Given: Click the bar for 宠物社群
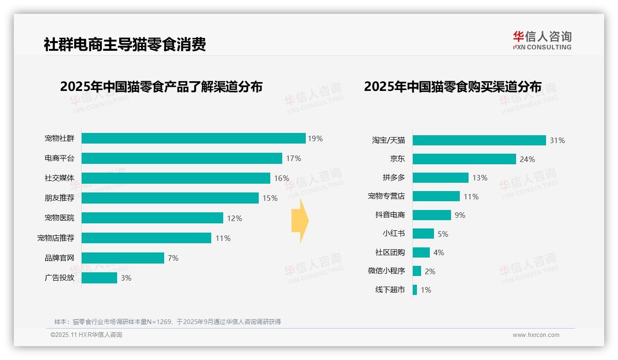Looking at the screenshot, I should tap(194, 138).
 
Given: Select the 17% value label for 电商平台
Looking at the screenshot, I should tap(293, 158).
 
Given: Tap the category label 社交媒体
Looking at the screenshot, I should tap(59, 178).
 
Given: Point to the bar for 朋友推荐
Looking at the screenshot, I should tap(170, 198).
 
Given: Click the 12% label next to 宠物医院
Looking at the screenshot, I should tap(234, 218).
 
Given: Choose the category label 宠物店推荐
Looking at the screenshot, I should tap(56, 238).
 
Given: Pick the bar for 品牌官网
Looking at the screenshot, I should tap(123, 258).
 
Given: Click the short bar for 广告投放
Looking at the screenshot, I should tap(99, 278).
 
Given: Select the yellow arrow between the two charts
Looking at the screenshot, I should tap(300, 221).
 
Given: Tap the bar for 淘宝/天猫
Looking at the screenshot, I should tap(479, 140).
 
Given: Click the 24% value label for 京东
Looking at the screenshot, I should tap(527, 159).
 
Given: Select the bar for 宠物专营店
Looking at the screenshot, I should tap(436, 196).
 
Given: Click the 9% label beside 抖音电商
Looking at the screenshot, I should tap(460, 215).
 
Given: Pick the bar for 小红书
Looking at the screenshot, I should tap(423, 234).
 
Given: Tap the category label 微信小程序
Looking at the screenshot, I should tap(386, 271).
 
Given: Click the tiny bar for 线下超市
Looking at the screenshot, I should tap(415, 290).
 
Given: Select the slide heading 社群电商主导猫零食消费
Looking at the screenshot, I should tap(125, 44).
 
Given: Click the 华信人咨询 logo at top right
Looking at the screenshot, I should tap(542, 40).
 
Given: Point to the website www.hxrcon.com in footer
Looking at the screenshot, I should tap(536, 335).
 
